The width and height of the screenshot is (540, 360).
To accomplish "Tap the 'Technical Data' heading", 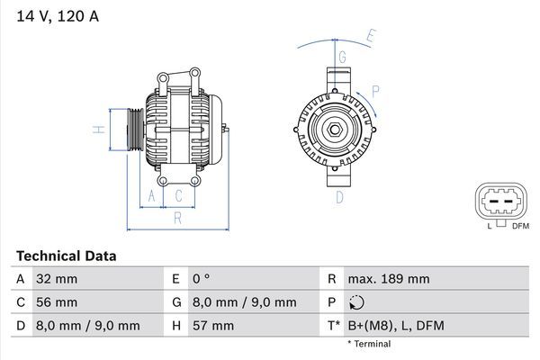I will coord(66,256).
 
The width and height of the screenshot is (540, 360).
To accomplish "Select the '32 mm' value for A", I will coord(56,279).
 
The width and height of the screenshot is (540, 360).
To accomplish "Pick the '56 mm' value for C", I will coord(56,302).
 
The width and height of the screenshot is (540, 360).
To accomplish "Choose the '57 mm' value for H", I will coord(212,326).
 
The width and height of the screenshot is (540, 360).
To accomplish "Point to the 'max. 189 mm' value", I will coord(388,279).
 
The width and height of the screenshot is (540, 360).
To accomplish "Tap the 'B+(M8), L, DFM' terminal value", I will coord(395,326).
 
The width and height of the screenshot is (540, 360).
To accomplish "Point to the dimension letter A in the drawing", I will coord(152,195).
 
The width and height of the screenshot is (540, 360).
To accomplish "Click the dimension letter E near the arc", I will coord(370,37).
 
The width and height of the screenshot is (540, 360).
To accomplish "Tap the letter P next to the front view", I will coord(375,91).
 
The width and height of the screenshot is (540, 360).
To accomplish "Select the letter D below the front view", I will coord(340,196).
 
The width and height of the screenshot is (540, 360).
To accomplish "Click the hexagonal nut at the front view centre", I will coord(332,131).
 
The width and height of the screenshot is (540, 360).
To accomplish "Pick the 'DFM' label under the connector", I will coord(520,227).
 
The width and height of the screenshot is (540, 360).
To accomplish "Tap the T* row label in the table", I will coord(335,326).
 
